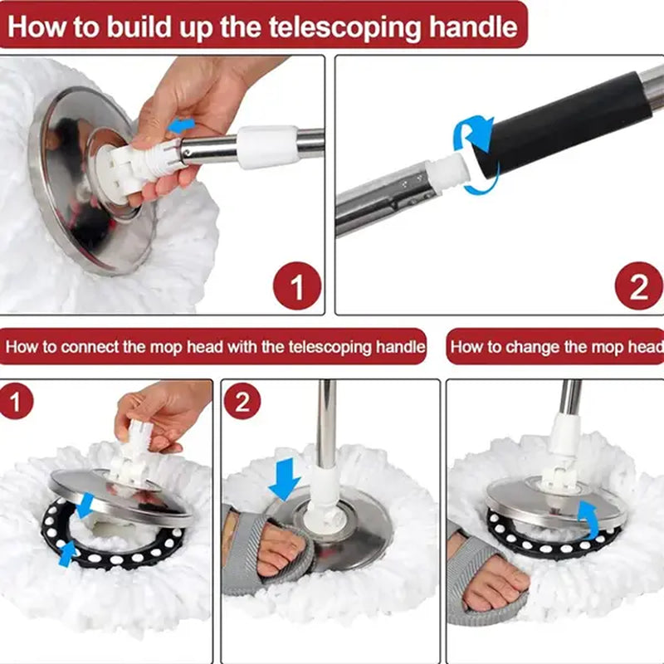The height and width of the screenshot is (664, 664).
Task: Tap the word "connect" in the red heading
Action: pyautogui.click(x=89, y=346)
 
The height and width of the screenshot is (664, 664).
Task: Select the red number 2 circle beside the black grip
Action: pyautogui.click(x=638, y=286)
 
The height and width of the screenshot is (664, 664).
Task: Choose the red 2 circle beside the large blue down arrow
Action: pyautogui.click(x=242, y=403)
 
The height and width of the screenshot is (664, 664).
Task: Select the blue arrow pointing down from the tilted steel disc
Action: pyautogui.click(x=85, y=503)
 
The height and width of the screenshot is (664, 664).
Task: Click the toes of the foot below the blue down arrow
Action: pyautogui.click(x=279, y=551)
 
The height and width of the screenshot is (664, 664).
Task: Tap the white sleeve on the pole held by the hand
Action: pyautogui.click(x=267, y=146)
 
